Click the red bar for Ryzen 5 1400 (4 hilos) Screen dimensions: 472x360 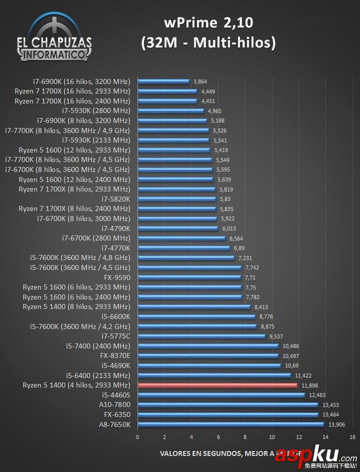tap(217, 385)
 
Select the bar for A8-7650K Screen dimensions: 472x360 tap(230, 424)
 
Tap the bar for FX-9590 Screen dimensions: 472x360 tap(189, 277)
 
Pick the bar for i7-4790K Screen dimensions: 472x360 tap(178, 228)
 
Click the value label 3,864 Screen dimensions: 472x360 tap(200, 81)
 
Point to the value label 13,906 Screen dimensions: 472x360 tap(335, 424)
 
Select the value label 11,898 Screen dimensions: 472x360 tap(308, 385)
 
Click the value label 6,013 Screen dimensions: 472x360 tap(229, 228)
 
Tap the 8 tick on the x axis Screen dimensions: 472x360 tap(245, 437)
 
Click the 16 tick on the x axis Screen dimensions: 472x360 tap(352, 437)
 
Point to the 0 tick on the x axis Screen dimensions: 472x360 tap(137, 437)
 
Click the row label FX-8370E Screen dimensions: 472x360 tap(115, 356)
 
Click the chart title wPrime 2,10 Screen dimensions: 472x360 tap(208, 22)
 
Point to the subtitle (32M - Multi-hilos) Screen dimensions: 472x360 tap(208, 43)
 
